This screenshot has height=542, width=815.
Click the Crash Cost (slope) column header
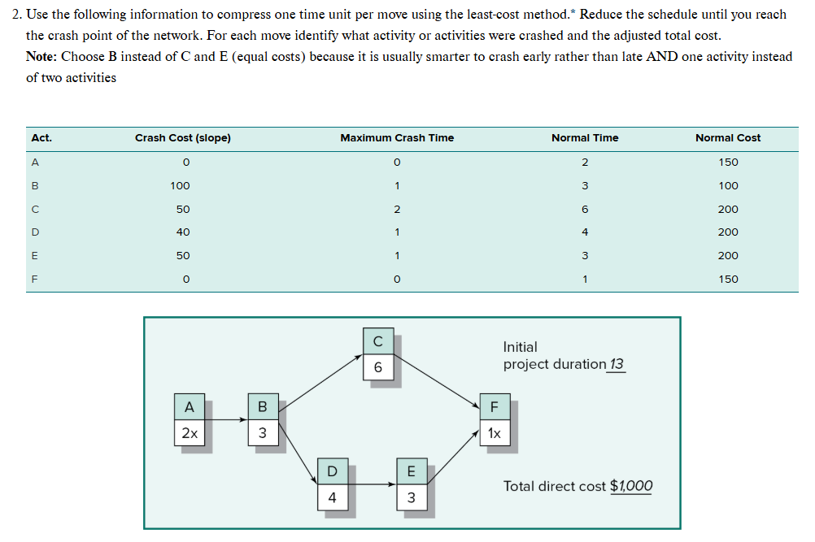click(x=182, y=138)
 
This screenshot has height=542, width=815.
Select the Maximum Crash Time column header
click(x=397, y=138)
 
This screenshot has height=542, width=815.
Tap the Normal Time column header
click(x=584, y=138)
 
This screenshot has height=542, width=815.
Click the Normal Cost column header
click(x=728, y=138)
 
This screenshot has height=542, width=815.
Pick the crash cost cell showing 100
click(x=181, y=186)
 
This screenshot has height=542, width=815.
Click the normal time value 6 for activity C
click(x=585, y=210)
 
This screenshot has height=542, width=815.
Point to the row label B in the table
click(x=34, y=186)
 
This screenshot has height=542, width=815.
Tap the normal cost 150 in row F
click(x=728, y=280)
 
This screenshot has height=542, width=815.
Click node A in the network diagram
click(x=190, y=406)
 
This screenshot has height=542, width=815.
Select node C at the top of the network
click(x=378, y=341)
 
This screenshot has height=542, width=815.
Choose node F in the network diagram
click(x=494, y=406)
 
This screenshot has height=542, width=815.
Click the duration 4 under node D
click(x=332, y=498)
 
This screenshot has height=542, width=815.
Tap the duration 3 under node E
click(x=411, y=498)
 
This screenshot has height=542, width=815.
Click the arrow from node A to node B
click(x=226, y=420)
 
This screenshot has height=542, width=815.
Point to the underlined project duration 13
click(x=617, y=364)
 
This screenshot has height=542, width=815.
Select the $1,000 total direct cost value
click(x=630, y=486)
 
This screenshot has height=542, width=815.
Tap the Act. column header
click(x=41, y=138)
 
